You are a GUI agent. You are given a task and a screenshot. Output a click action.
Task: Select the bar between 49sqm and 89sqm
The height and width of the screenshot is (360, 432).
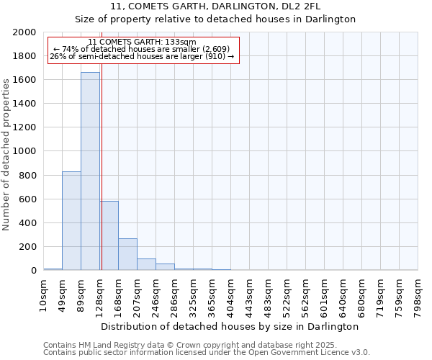coord(71,220)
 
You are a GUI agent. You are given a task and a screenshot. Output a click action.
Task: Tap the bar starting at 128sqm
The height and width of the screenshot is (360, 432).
coord(109,235)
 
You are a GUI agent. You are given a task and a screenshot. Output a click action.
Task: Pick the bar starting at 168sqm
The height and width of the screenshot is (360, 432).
coord(127,254)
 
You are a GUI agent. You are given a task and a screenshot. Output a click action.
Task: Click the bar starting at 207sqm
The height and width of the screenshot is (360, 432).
coord(146,264)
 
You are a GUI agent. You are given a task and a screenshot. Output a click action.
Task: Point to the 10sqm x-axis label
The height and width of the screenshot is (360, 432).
coord(44,296)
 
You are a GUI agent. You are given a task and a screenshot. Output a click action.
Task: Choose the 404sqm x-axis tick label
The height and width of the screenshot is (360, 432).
coord(231,296)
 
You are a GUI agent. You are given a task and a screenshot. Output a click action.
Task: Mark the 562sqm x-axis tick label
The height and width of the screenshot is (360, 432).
coord(306,296)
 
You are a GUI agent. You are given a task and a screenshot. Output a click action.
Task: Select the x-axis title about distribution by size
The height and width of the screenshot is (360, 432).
coord(230,326)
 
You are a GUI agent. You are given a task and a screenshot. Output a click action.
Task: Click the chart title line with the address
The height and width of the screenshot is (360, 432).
coord(215,6)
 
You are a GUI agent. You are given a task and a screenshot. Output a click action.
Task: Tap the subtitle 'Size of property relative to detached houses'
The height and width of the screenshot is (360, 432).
coord(215,19)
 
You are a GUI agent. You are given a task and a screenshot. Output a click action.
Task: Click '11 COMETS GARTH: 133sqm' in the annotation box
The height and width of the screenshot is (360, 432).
coord(142,42)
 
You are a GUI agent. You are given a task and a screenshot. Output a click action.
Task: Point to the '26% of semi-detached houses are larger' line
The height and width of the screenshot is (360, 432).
coord(142,56)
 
